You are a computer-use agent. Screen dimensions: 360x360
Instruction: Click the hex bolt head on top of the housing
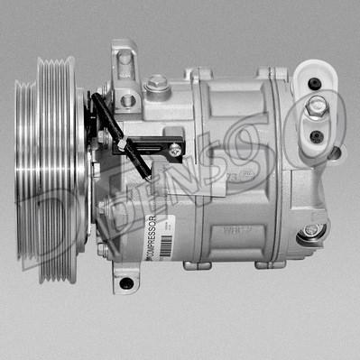159,83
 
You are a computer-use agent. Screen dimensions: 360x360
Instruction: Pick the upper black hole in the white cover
313,84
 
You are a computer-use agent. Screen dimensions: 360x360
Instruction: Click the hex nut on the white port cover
318,107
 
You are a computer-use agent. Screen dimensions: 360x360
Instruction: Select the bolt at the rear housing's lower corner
311,230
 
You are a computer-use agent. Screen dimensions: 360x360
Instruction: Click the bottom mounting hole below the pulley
125,283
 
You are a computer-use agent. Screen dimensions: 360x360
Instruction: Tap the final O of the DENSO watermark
320,126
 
